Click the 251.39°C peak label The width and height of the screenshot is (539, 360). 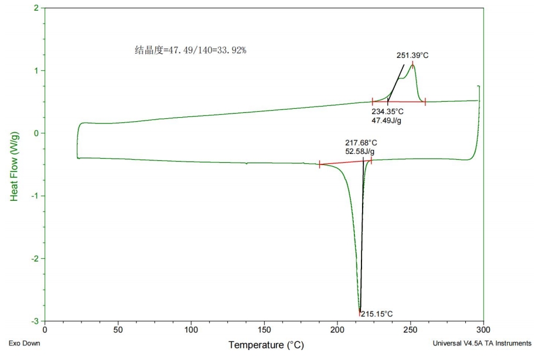coord(412,56)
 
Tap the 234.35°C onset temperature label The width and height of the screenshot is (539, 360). coord(388,111)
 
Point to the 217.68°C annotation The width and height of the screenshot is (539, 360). coord(361,142)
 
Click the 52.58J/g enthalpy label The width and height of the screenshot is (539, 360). coord(360,152)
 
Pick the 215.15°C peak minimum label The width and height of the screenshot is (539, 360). coord(377,314)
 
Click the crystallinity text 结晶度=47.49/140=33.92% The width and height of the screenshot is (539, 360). coord(191,50)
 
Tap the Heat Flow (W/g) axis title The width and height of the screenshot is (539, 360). coord(14,164)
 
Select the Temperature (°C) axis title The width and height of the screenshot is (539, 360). coord(266,345)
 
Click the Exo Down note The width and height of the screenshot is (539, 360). coord(24,343)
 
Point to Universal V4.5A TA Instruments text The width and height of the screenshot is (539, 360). coord(482,343)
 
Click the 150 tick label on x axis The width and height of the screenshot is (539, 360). coord(264,331)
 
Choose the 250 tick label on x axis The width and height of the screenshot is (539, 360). coord(411,331)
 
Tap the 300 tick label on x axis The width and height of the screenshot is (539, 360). coord(484,331)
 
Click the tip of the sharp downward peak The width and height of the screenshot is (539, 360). coord(360,311)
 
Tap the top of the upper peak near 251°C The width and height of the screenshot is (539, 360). coord(412,65)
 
